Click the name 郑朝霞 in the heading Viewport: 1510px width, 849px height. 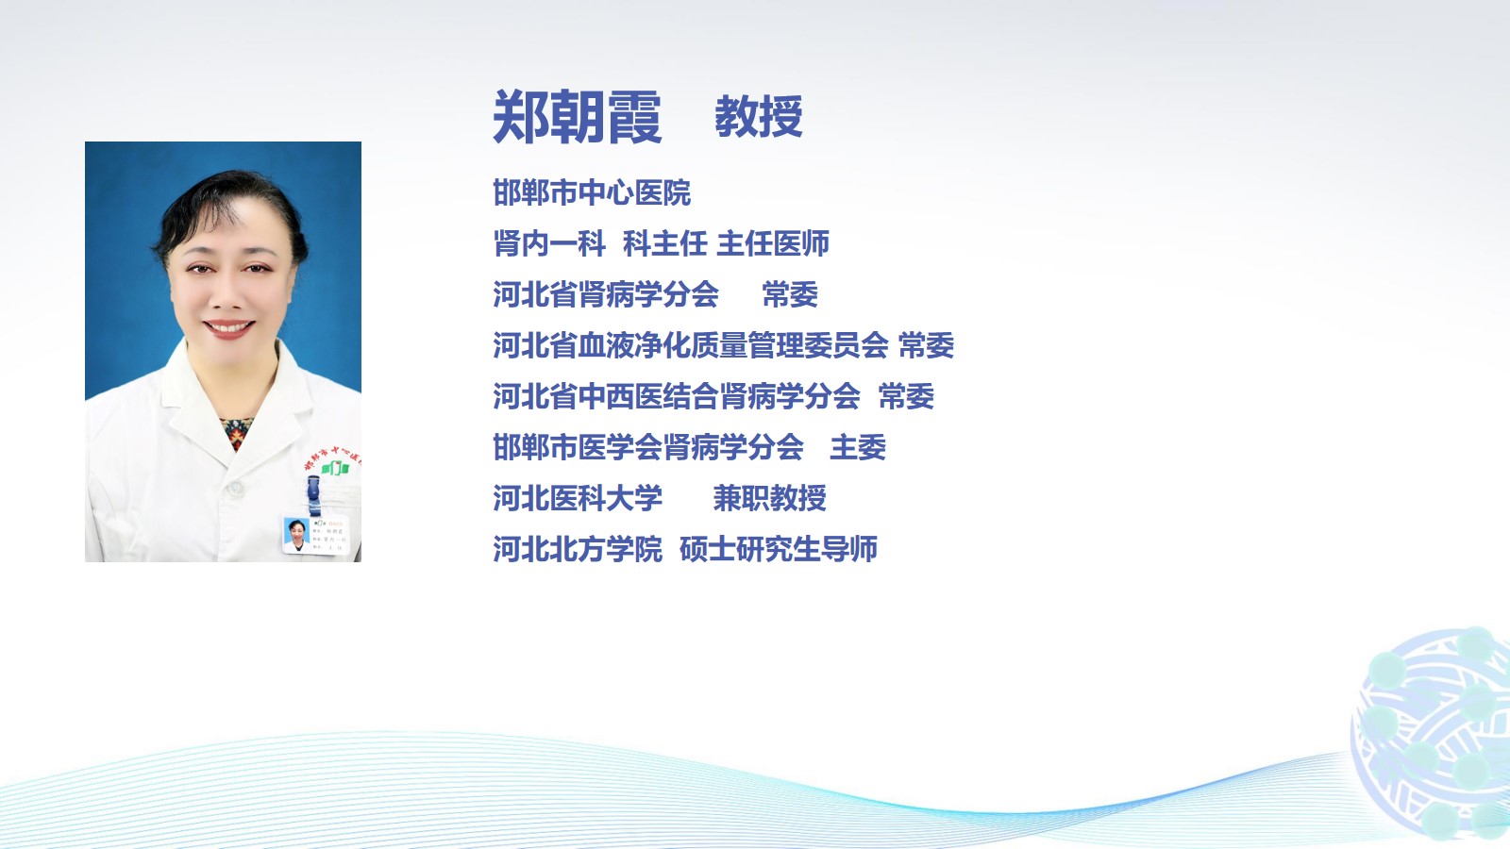[577, 117]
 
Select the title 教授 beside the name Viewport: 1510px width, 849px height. [759, 117]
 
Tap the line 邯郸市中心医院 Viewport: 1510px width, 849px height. [592, 192]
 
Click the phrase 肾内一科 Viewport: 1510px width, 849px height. [549, 243]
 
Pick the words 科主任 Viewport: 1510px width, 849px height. [664, 243]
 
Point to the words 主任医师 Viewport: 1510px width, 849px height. [773, 243]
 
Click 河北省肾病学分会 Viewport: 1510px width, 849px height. [606, 294]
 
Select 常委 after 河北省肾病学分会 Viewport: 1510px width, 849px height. [790, 294]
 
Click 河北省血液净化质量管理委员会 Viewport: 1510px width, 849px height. [691, 345]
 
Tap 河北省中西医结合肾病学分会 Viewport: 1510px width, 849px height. [677, 396]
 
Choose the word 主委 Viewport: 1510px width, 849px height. [858, 447]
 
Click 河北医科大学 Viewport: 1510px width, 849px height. [578, 498]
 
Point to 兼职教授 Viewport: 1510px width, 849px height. [770, 498]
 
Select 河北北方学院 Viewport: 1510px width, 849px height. [578, 549]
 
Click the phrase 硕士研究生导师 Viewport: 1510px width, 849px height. [779, 549]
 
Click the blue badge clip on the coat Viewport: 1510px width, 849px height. [313, 495]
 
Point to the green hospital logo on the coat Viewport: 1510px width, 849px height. [334, 467]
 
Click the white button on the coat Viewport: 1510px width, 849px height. [235, 489]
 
